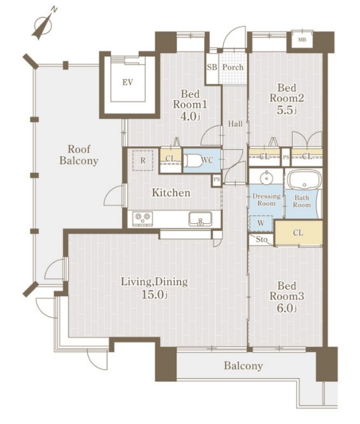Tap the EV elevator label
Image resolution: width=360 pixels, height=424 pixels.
[127, 82]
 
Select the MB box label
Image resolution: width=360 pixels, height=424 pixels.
[302, 40]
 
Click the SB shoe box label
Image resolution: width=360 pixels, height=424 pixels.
[212, 67]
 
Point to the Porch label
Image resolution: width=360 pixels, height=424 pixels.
[233, 67]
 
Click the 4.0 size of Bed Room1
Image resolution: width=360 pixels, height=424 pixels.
[191, 116]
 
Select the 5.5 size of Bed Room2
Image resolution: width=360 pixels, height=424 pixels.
[287, 110]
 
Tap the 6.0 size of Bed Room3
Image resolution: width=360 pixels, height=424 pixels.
[287, 308]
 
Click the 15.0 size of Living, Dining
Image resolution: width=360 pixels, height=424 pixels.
[155, 294]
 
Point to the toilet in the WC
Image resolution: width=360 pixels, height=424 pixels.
[192, 160]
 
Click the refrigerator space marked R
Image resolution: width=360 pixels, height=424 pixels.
[143, 160]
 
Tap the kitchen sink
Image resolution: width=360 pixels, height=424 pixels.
[200, 219]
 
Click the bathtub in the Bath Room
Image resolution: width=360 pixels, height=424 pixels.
[305, 180]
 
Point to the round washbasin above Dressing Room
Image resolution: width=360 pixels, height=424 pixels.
[266, 178]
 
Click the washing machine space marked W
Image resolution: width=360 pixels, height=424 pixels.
[261, 223]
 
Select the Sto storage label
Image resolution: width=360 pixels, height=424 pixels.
[262, 239]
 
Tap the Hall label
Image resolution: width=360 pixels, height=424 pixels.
[235, 124]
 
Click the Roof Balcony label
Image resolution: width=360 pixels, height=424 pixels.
[78, 155]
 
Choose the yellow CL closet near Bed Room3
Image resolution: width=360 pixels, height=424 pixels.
[298, 233]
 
